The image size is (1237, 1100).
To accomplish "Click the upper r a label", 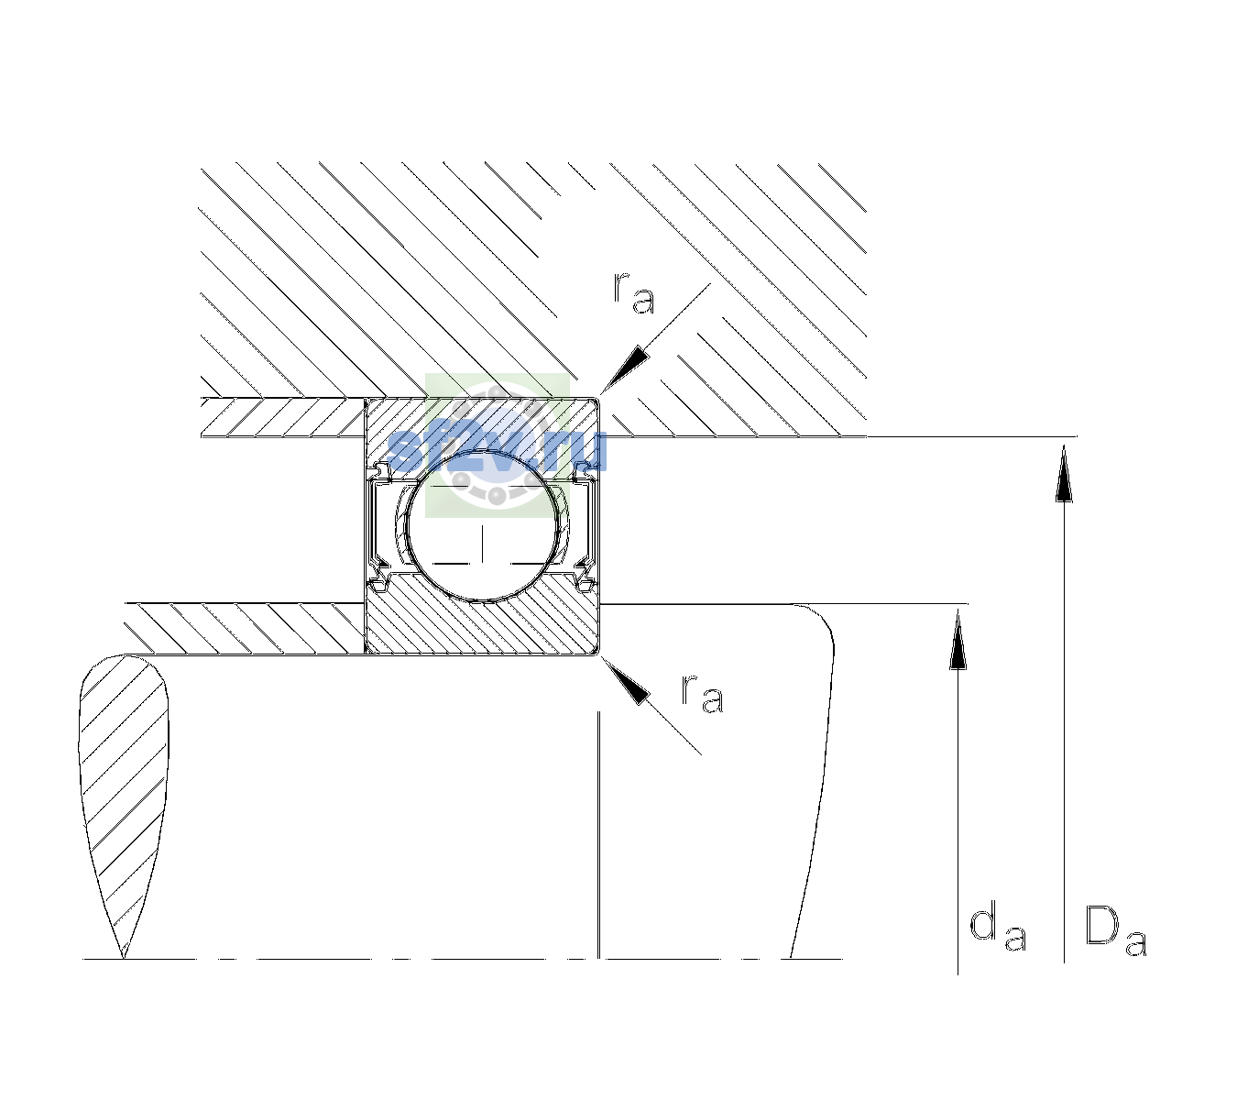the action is click(634, 293).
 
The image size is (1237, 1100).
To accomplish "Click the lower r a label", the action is click(702, 693).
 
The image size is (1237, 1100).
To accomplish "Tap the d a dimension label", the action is click(998, 929).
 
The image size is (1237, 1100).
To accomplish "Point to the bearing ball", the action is click(482, 526).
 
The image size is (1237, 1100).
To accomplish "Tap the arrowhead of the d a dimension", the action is click(958, 639).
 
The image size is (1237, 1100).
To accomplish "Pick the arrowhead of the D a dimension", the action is click(1064, 473).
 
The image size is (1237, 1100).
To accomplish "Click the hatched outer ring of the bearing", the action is click(482, 424).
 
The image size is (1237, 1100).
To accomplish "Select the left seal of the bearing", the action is click(378, 526).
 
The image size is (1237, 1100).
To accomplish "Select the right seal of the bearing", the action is click(585, 526).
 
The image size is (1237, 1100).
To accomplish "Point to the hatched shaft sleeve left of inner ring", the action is click(245, 629).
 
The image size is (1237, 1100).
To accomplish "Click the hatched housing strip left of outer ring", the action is click(283, 418).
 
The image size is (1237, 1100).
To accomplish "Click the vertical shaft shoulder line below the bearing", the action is click(599, 834).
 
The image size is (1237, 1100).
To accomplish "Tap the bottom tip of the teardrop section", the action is click(124, 959).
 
